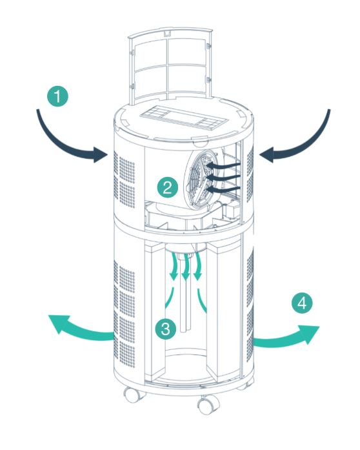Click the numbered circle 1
coord(57,96)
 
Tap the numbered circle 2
coord(168,188)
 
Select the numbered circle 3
coord(166,329)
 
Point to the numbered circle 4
coord(302,303)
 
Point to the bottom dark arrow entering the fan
coord(223,189)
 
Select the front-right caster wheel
coord(208,404)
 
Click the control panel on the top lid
coord(184,116)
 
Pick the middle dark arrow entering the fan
coord(223,177)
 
